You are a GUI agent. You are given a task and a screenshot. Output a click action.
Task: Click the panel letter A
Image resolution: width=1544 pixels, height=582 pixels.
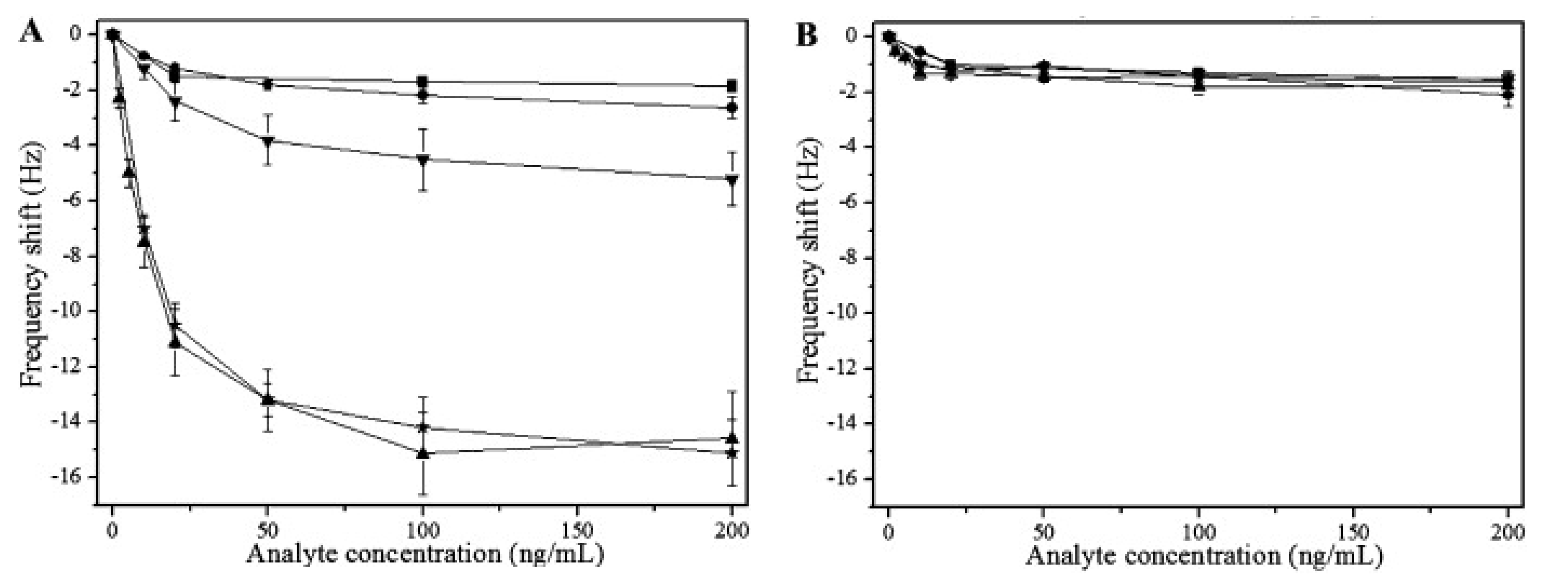tap(31, 31)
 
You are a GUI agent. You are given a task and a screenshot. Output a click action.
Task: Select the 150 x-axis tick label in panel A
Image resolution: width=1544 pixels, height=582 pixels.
tap(577, 531)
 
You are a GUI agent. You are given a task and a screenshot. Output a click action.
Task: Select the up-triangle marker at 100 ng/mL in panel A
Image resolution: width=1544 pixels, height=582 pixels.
tap(423, 453)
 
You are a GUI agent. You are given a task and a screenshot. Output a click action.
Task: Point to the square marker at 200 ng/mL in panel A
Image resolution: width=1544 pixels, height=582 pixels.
tap(732, 85)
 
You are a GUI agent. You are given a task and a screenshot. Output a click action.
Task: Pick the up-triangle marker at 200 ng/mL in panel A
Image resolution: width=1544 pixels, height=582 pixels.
tap(731, 438)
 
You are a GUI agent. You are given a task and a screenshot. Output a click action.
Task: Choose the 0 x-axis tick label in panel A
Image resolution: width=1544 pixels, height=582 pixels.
tap(112, 531)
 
